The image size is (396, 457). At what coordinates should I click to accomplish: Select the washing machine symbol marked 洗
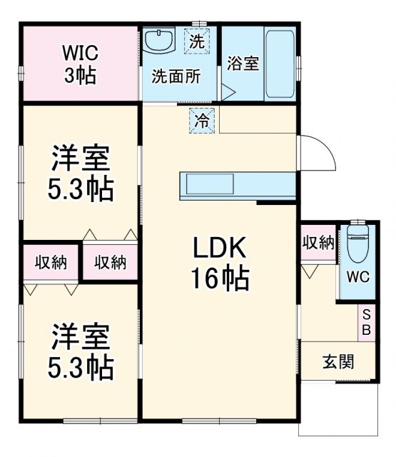pyautogui.click(x=197, y=41)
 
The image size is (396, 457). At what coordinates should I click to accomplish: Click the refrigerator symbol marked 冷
pyautogui.click(x=203, y=121)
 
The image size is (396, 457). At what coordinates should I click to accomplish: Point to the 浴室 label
pyautogui.click(x=243, y=63)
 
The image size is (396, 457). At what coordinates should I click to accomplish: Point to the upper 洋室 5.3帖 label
pyautogui.click(x=80, y=174)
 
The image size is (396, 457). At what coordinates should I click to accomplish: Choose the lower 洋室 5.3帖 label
pyautogui.click(x=80, y=351)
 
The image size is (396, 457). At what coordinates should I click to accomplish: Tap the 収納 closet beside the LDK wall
pyautogui.click(x=111, y=263)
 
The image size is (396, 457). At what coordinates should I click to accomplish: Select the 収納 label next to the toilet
pyautogui.click(x=318, y=243)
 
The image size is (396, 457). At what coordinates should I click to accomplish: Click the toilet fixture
pyautogui.click(x=356, y=245)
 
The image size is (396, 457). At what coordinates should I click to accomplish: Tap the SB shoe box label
pyautogui.click(x=365, y=323)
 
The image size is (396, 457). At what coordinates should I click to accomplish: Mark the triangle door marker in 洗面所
pyautogui.click(x=227, y=92)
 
